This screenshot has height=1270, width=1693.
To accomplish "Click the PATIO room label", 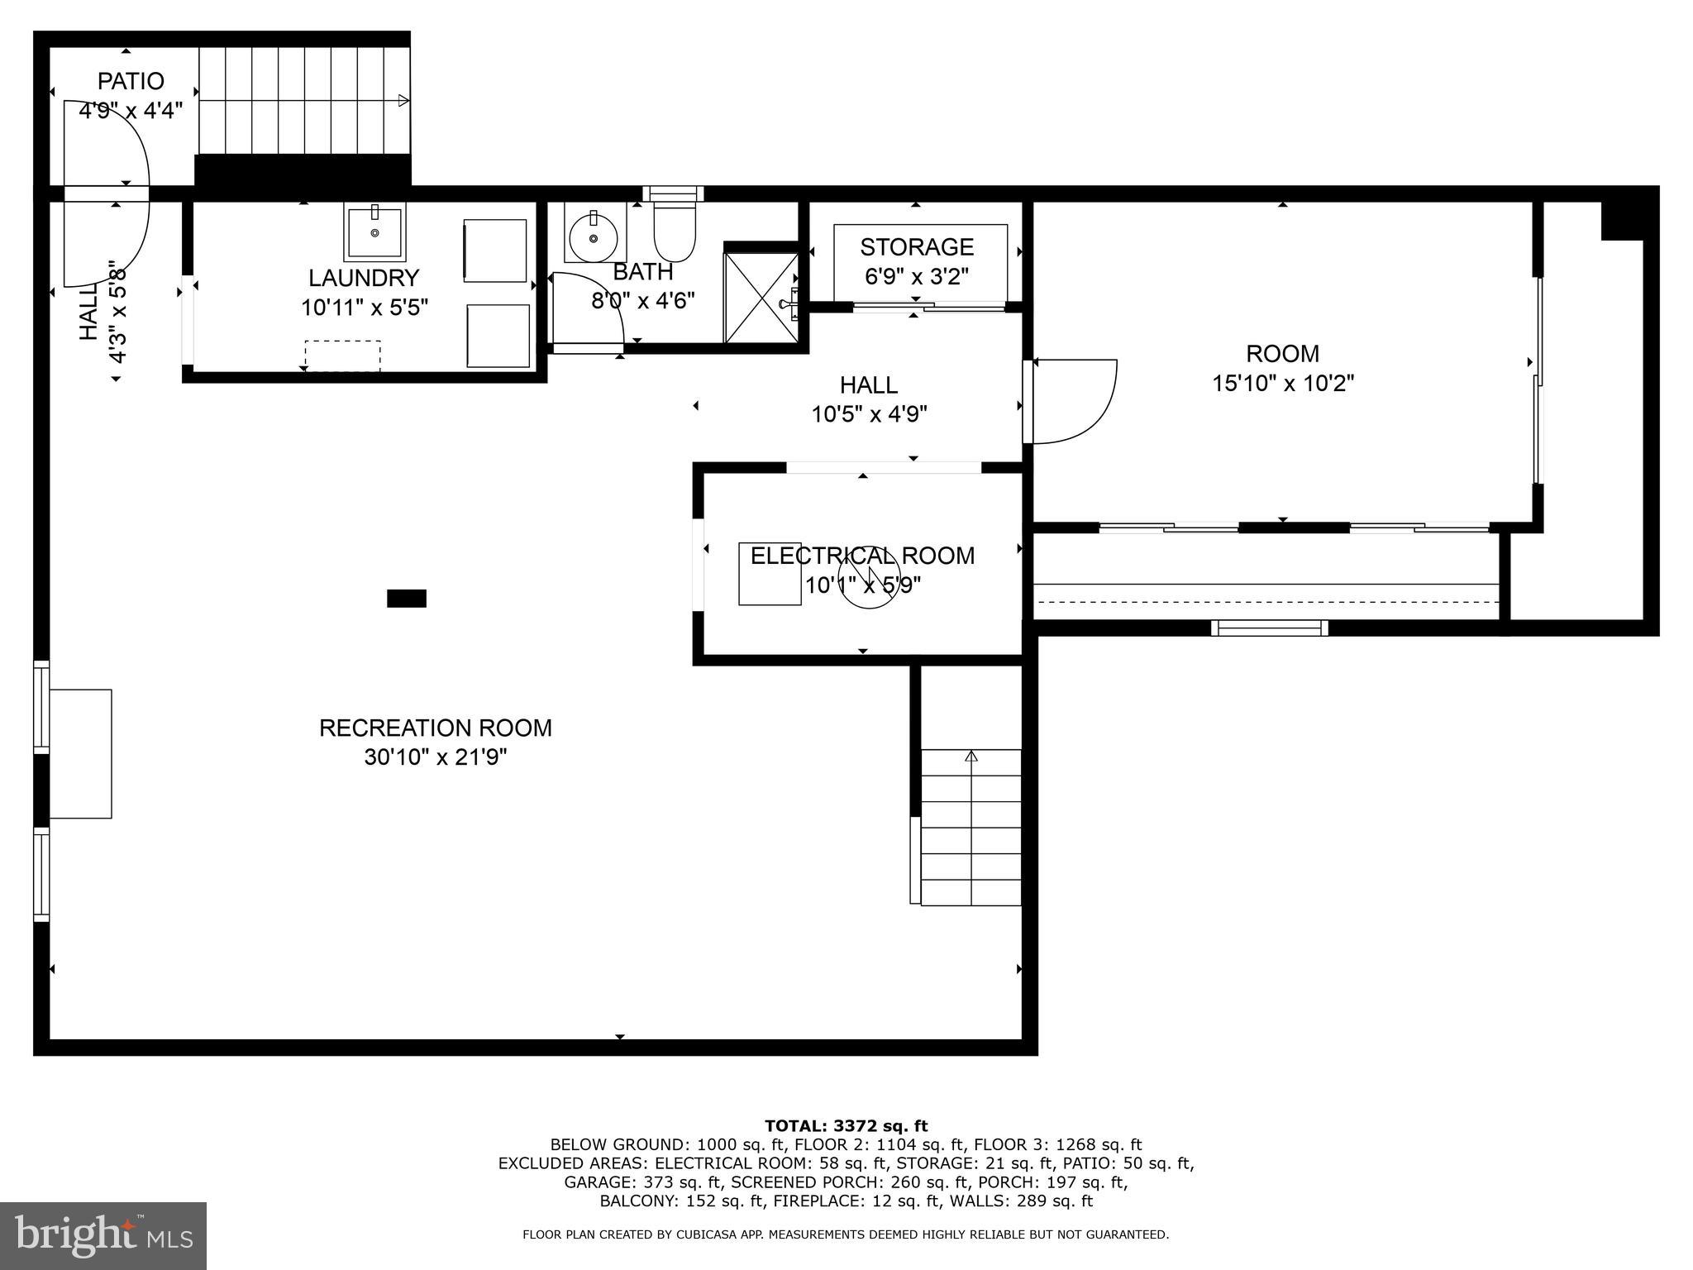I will click(131, 81).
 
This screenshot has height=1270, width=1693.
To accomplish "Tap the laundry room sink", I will click(375, 232).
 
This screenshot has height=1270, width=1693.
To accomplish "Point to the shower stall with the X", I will click(761, 298).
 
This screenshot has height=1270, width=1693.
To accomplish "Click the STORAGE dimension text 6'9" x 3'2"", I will click(916, 276).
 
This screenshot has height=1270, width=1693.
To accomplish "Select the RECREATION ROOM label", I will click(436, 728).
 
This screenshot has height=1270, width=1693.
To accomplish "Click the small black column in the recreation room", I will click(407, 598).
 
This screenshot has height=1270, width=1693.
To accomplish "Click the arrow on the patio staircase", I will click(403, 101).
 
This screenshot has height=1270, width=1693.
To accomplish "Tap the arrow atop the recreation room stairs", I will click(971, 756).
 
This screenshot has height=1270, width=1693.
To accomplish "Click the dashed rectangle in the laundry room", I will click(342, 356).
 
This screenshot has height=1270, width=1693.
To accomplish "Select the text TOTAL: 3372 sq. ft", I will click(846, 1126).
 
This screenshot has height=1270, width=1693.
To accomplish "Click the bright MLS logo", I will click(103, 1235).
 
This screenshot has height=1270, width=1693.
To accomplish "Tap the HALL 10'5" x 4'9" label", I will click(869, 399).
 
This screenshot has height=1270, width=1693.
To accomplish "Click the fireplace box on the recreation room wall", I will click(80, 753).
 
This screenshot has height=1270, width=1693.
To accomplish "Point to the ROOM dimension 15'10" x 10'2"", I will click(1282, 384).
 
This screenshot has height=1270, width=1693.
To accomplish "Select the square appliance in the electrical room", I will click(769, 574).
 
